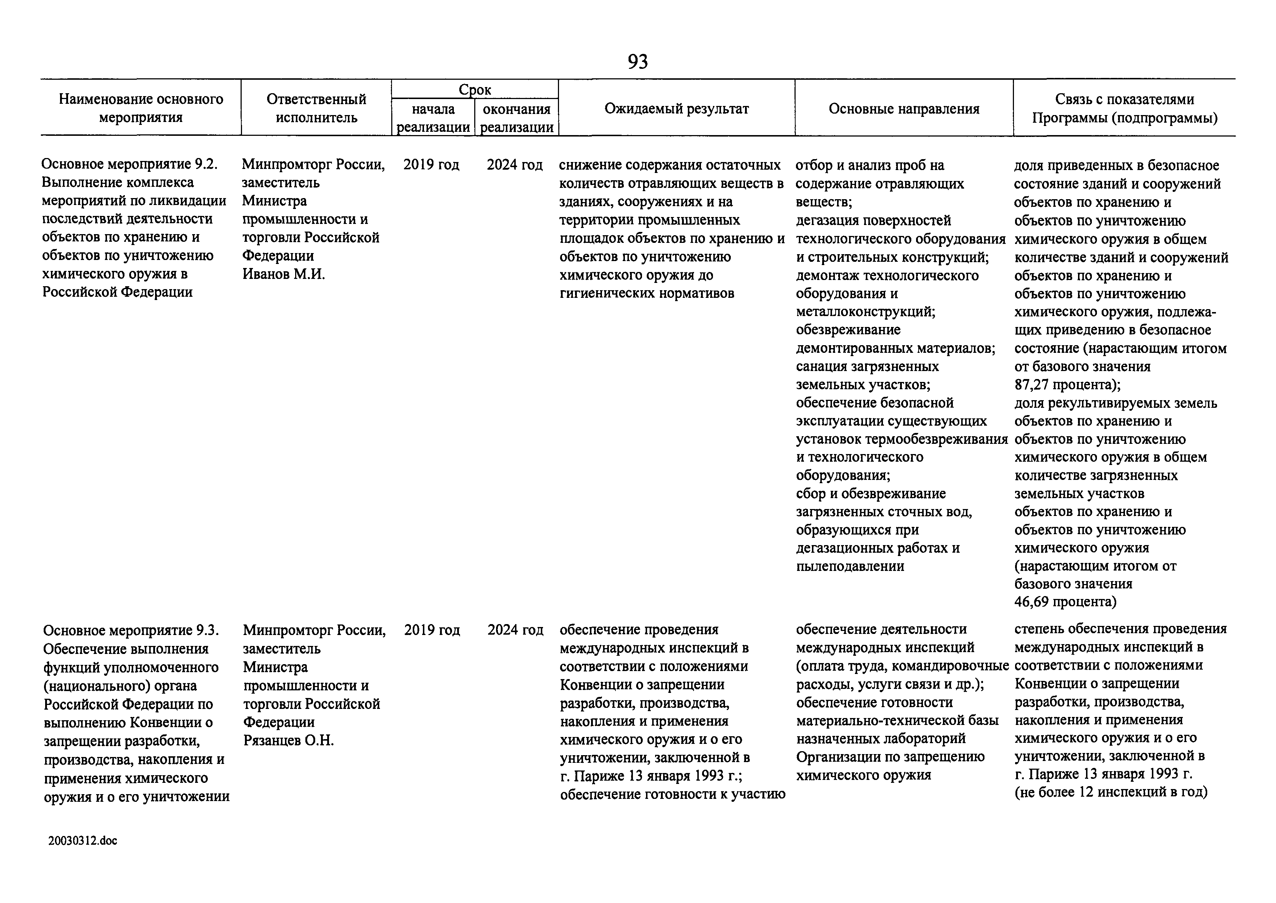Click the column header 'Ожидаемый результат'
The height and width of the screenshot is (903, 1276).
point(676,109)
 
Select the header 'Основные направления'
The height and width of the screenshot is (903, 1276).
point(904,109)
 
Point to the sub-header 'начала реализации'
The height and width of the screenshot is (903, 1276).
point(433,118)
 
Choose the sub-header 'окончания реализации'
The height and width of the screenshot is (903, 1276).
point(516,118)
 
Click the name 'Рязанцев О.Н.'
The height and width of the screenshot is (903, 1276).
point(289,741)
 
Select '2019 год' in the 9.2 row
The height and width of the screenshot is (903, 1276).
point(431,165)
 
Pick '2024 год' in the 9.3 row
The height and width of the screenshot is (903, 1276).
point(515,630)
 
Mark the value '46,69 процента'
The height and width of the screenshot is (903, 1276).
point(1065,602)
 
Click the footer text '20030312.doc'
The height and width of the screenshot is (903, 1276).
point(83,841)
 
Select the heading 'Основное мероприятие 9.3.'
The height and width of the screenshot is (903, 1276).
point(131,631)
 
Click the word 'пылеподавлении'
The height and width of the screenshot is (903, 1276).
point(850,566)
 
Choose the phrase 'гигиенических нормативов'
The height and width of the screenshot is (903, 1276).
point(646,293)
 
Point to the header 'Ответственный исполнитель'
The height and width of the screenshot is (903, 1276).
point(316,109)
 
